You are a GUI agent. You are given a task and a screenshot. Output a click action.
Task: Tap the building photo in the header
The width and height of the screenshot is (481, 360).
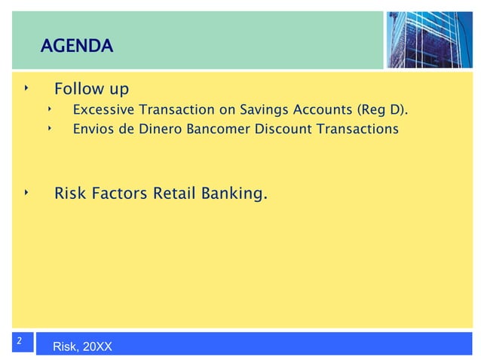pyautogui.click(x=430, y=39)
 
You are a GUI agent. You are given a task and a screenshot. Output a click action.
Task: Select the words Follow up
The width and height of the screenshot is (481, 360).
pyautogui.click(x=91, y=90)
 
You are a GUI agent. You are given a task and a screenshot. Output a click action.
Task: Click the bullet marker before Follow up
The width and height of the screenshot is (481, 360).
pyautogui.click(x=25, y=89)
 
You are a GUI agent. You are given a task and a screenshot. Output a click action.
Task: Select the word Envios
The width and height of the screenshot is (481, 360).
pyautogui.click(x=93, y=129)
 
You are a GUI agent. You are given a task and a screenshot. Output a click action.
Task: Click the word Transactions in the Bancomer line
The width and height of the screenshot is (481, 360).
pyautogui.click(x=357, y=129)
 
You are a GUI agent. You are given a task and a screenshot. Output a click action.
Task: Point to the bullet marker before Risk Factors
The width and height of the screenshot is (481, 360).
pyautogui.click(x=25, y=194)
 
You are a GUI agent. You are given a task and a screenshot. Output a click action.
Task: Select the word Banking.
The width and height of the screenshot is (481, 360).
pyautogui.click(x=234, y=195)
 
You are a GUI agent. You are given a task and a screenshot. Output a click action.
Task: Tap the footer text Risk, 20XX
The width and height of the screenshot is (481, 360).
pyautogui.click(x=82, y=346)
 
